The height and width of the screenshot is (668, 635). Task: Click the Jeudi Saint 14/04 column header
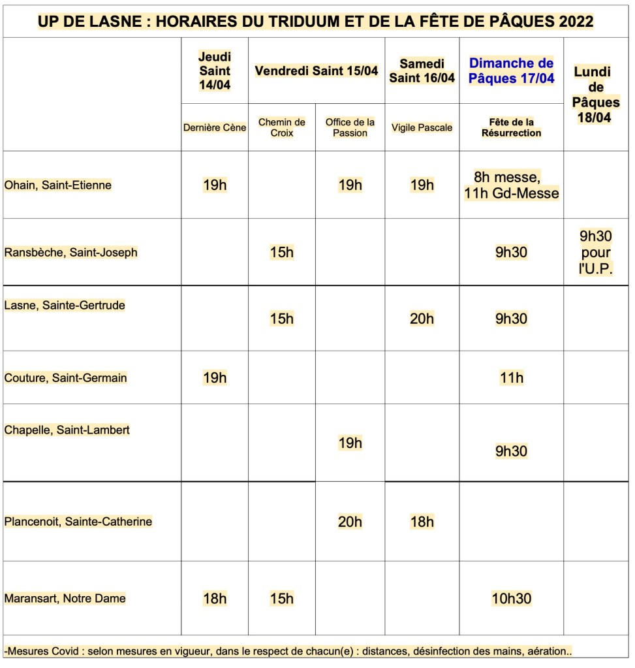[x=215, y=71]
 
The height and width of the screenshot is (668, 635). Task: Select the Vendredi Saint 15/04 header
[x=317, y=71]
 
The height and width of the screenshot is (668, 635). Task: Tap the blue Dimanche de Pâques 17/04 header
[x=511, y=71]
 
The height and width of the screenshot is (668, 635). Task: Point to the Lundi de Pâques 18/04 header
[x=595, y=95]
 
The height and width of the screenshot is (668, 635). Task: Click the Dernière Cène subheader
[x=215, y=127]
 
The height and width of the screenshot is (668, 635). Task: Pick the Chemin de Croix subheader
[x=282, y=127]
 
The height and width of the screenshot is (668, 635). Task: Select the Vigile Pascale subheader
[x=422, y=127]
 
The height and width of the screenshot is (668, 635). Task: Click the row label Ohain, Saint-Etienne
[x=58, y=185]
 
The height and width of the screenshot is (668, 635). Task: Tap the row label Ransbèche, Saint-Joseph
[x=70, y=252]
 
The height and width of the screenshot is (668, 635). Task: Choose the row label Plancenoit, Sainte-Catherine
[x=78, y=522]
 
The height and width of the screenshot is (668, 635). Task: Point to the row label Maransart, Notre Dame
[x=65, y=598]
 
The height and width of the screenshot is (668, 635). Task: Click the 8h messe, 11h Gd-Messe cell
[x=511, y=185]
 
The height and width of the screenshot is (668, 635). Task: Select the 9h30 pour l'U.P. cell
[x=595, y=253]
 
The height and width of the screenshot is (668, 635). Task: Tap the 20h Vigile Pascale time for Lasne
[x=422, y=319]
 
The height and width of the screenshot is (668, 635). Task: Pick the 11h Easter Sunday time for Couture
[x=511, y=377]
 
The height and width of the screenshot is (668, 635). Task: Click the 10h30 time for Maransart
[x=511, y=598]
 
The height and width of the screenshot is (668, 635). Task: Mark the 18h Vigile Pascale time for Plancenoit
[x=422, y=522]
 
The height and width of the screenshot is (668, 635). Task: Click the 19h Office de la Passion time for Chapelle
[x=350, y=443]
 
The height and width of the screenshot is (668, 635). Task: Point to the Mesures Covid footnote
[x=287, y=651]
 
